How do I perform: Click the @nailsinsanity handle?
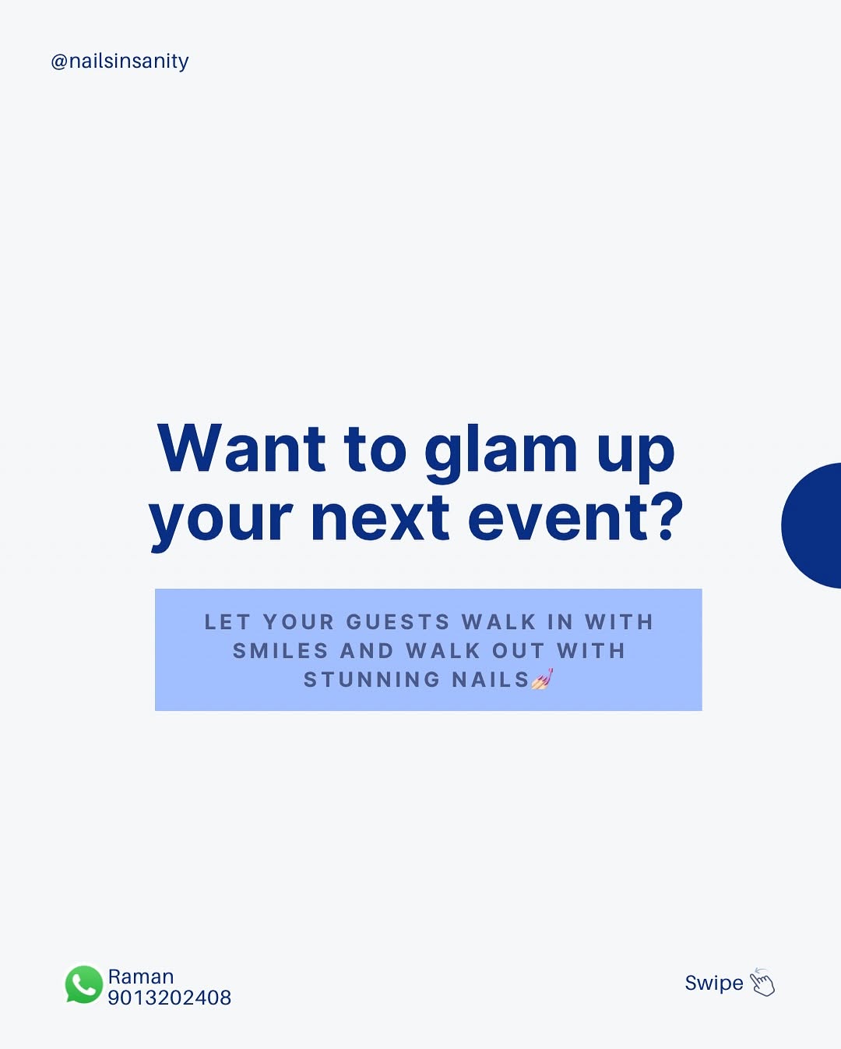pos(120,62)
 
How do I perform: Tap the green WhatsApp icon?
pos(84,984)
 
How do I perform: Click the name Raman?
pos(141,977)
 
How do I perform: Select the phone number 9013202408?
pos(170,998)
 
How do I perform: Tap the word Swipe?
pos(714,984)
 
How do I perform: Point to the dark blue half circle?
pos(812,525)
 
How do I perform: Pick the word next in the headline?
pos(380,518)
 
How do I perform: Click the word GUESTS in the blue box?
pos(398,622)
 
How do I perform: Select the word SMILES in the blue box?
pos(280,651)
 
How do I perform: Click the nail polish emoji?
pos(542,679)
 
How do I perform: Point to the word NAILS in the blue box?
pos(491,680)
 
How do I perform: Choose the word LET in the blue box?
pos(227,622)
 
